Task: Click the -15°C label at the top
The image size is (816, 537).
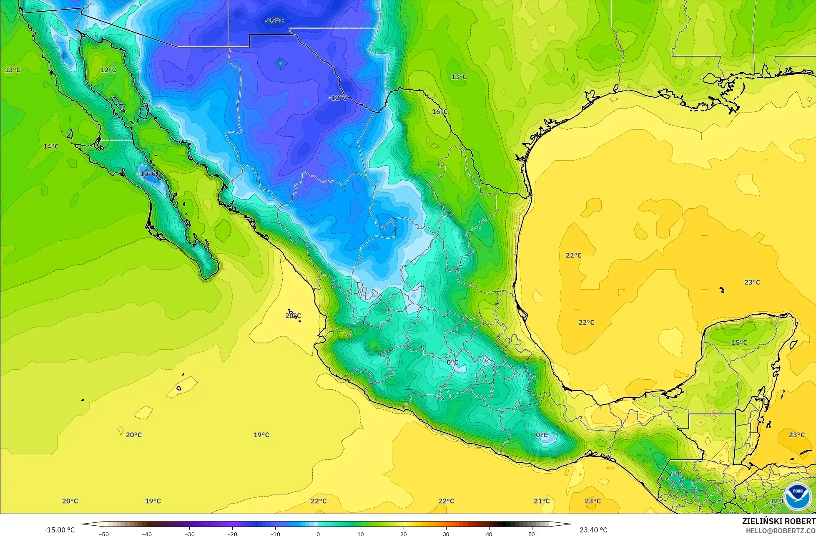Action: pos(274,20)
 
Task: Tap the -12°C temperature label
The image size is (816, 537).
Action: pos(338,98)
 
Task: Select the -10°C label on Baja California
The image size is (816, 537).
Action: pos(147,174)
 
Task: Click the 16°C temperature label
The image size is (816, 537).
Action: pos(439,112)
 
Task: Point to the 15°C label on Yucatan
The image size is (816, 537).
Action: pos(739,343)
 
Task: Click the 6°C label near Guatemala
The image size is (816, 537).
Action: pos(675,474)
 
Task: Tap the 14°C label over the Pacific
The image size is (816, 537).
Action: pos(51,146)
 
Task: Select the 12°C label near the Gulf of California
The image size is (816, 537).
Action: pos(108,70)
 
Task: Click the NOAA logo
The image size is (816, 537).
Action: pos(797,496)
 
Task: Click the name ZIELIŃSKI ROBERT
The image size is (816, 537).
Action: pos(778,521)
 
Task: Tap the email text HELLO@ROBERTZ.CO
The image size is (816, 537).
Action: pos(781,531)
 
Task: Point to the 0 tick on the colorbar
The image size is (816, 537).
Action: pos(318,534)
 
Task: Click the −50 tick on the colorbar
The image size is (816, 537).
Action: pos(104,534)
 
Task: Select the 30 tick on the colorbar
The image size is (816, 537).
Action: pos(446,534)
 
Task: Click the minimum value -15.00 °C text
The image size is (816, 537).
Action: pos(60,530)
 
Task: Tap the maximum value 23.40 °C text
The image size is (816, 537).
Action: pos(593,530)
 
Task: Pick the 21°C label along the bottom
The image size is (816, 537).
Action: pos(542,501)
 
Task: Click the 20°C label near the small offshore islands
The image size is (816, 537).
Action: pos(293,316)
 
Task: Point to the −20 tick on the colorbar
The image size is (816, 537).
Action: pos(232,534)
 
